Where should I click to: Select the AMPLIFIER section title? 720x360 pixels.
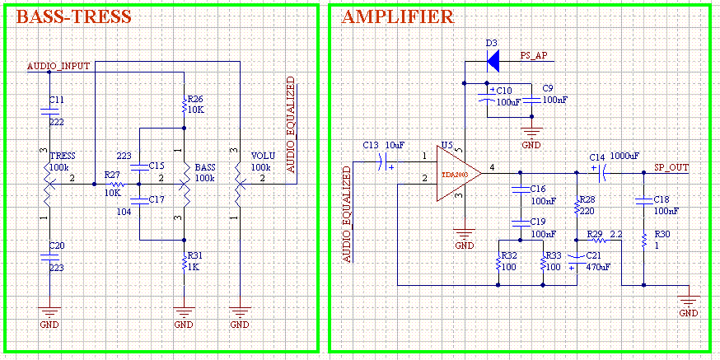[396, 17]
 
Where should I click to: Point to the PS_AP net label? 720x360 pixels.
[534, 55]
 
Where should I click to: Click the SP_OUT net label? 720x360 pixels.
[671, 166]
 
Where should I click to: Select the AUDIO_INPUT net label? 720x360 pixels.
[58, 65]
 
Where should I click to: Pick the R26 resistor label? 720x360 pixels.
[195, 99]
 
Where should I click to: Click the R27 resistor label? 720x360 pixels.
[113, 175]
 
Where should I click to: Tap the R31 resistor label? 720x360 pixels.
[195, 255]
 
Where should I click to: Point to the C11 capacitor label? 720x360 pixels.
[56, 99]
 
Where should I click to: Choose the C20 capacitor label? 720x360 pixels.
[56, 245]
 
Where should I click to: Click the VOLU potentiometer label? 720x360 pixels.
[264, 156]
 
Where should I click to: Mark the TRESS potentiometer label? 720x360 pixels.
[63, 156]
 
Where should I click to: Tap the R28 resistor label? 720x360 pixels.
[587, 199]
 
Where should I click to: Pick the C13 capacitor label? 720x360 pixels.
[371, 145]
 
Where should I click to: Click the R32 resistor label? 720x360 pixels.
[509, 255]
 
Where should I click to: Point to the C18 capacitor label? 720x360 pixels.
[661, 199]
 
